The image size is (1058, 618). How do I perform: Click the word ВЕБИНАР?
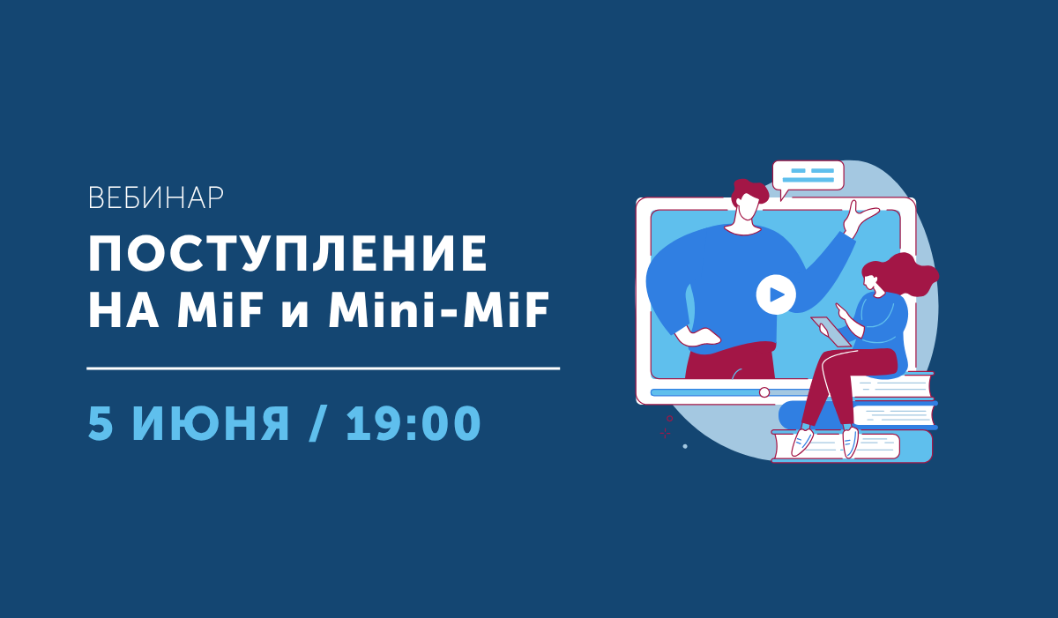coord(156,198)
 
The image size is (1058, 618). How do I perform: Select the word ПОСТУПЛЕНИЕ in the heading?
coord(287,254)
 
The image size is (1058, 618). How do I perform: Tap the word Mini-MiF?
coord(439,309)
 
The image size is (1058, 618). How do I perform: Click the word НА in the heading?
coord(123,309)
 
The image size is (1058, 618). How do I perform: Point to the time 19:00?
coord(414,423)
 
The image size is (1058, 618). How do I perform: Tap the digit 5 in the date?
coord(101,423)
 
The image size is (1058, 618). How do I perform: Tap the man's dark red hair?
coord(749,191)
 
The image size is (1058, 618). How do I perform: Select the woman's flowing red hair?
coord(905,275)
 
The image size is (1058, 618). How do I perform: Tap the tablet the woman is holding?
coord(831,331)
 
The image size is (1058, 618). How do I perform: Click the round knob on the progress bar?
coord(764,392)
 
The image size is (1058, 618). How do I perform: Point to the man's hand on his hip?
coord(698,337)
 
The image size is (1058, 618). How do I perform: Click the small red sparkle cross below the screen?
coord(665,433)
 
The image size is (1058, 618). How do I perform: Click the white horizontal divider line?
coord(323,369)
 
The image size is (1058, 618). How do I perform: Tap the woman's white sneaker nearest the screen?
coord(802,443)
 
